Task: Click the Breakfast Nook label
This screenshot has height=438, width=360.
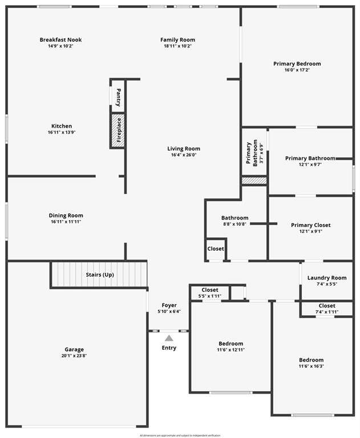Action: (60, 40)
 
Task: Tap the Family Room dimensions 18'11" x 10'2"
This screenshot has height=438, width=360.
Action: (177, 46)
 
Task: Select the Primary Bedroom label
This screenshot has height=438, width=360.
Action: (297, 64)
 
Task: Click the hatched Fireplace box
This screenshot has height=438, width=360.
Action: (118, 131)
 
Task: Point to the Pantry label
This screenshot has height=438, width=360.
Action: (118, 98)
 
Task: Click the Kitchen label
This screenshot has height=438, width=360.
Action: (62, 126)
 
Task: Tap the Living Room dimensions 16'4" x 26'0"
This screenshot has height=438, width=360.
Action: (185, 155)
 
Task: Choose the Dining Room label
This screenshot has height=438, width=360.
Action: (66, 216)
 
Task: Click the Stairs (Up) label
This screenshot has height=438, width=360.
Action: (100, 275)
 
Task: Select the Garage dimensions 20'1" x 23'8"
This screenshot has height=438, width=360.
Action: (74, 356)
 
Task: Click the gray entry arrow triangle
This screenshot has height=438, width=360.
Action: (169, 338)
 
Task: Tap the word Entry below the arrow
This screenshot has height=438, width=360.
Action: (169, 348)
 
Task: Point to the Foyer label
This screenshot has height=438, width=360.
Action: (169, 305)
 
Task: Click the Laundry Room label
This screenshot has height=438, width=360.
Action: (327, 278)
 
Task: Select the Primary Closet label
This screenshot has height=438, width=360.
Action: (310, 225)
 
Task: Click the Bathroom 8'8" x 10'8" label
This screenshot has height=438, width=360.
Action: (234, 218)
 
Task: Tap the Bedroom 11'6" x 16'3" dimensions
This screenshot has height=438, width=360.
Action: (311, 366)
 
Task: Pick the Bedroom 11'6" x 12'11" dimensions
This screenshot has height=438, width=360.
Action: (230, 350)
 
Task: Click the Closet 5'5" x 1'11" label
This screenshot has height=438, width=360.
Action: (210, 290)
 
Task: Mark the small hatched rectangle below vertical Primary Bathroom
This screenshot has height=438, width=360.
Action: (254, 180)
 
